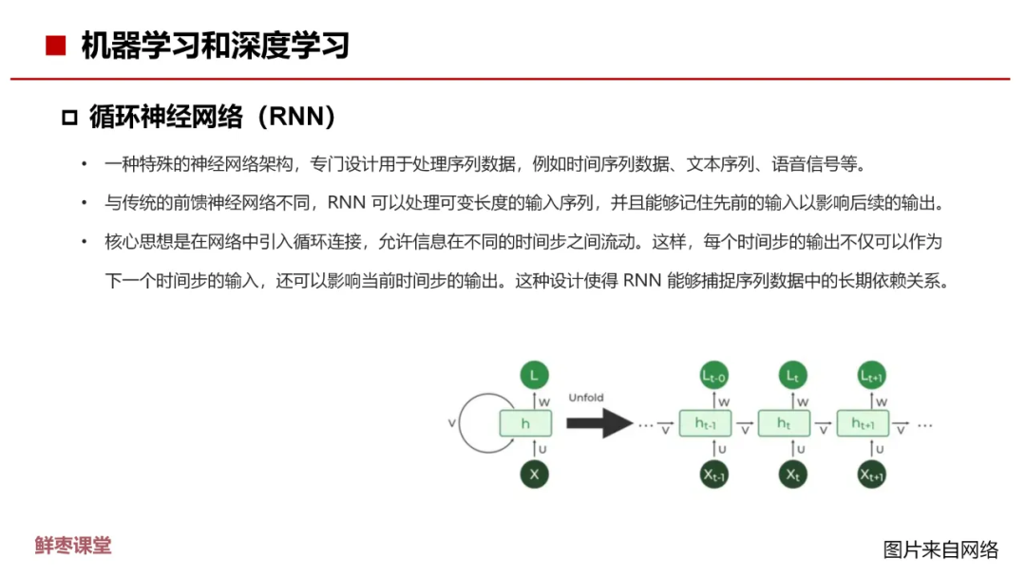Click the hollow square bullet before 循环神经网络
tap(68, 118)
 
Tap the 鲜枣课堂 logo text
tap(73, 545)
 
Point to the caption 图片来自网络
tap(940, 549)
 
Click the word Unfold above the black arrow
tap(586, 398)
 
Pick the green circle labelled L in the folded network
tap(534, 376)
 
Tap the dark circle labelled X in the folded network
tap(534, 474)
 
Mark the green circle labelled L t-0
tap(712, 377)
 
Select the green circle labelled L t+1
tap(871, 376)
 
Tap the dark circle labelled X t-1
tap(712, 475)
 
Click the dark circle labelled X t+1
tap(871, 474)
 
